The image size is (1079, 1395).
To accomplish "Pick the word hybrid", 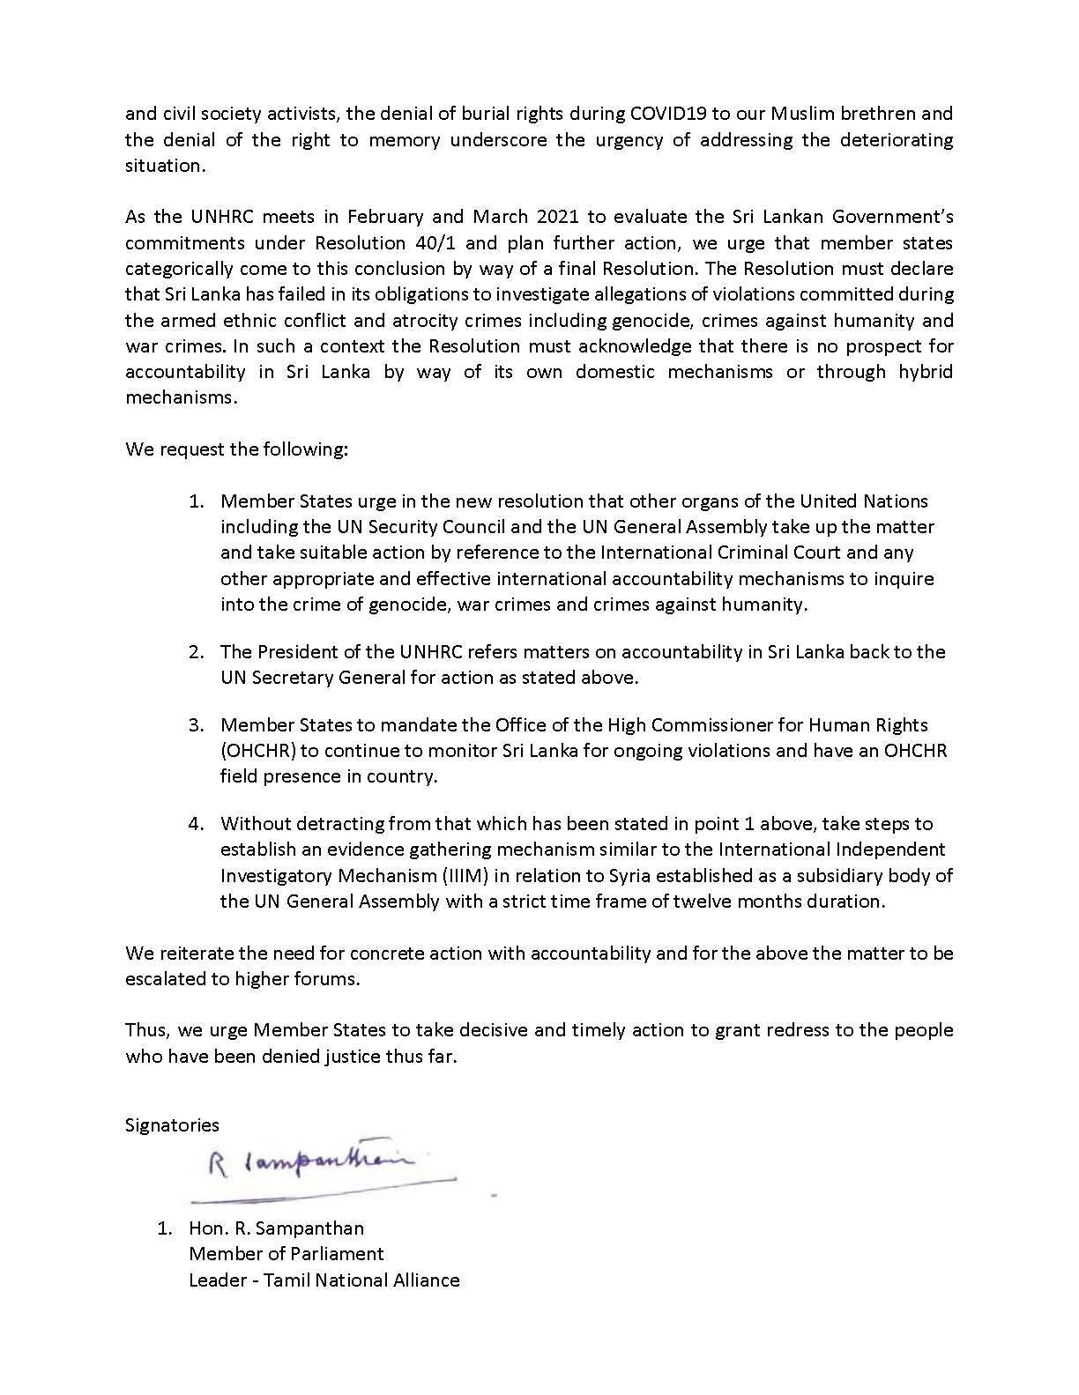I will tap(923, 372).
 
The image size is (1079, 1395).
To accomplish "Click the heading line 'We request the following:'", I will tap(237, 449).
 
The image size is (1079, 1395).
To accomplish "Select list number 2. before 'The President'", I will tap(196, 652).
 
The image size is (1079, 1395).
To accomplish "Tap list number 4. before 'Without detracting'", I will tap(196, 824).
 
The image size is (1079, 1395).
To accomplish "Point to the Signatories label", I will tap(172, 1125).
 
